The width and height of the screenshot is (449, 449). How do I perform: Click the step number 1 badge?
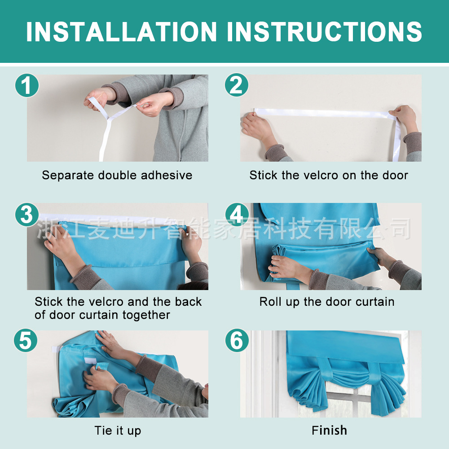pyautogui.click(x=27, y=85)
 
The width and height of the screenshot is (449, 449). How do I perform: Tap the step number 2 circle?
pyautogui.click(x=237, y=85)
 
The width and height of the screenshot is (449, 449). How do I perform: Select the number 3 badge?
pyautogui.click(x=27, y=215)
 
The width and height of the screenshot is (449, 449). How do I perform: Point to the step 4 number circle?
pyautogui.click(x=237, y=215)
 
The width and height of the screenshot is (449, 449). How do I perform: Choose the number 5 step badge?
pyautogui.click(x=26, y=340)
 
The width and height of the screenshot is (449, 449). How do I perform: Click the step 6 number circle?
pyautogui.click(x=237, y=340)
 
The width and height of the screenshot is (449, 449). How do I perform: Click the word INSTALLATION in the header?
pyautogui.click(x=121, y=31)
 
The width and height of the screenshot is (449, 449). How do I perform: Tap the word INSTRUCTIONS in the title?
pyautogui.click(x=325, y=31)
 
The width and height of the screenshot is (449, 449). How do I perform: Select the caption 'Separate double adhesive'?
pyautogui.click(x=117, y=175)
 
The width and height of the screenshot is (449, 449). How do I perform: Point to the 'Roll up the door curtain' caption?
pyautogui.click(x=327, y=302)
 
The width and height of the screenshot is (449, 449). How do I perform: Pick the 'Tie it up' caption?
pyautogui.click(x=118, y=431)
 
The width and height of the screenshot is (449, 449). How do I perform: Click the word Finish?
pyautogui.click(x=329, y=431)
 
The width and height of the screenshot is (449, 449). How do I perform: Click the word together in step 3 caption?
pyautogui.click(x=146, y=315)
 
